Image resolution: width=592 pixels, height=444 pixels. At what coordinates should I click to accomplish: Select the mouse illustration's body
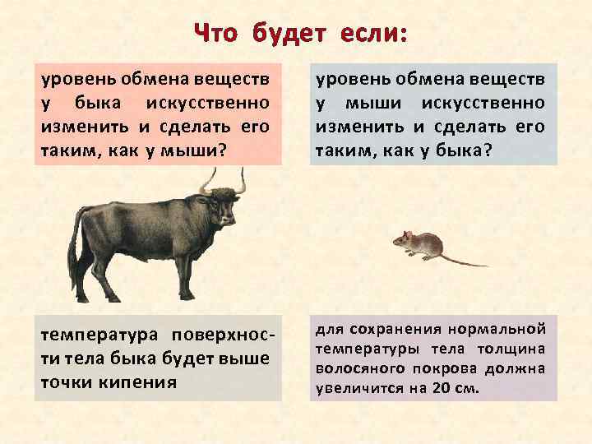click(419, 244)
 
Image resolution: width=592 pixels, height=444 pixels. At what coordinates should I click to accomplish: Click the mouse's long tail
click(465, 261)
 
